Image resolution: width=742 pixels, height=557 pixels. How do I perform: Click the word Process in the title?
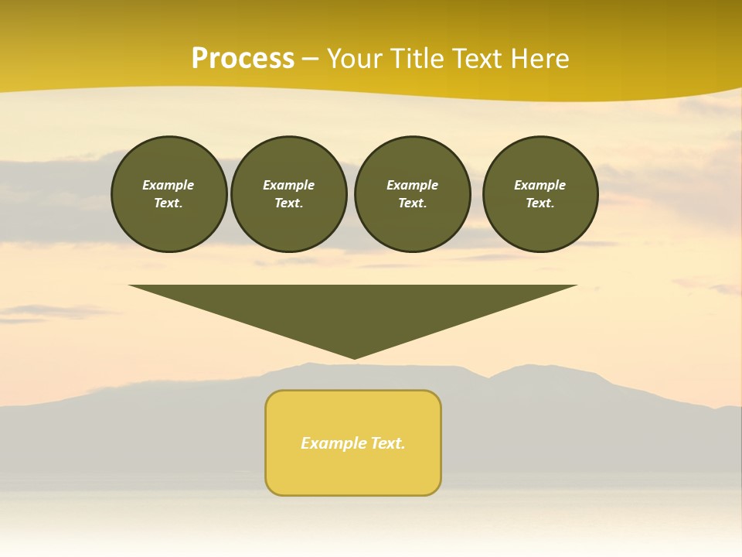[243, 59]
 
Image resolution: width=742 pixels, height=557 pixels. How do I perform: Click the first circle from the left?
[168, 194]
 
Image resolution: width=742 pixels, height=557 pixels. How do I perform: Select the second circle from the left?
[288, 194]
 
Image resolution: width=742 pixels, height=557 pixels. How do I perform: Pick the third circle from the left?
[412, 194]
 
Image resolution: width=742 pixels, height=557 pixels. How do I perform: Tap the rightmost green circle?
[539, 194]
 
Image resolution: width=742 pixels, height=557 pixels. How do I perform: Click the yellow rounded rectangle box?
[353, 443]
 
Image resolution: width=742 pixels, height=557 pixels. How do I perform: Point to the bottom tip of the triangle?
[354, 357]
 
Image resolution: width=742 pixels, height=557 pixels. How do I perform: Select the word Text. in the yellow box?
[388, 443]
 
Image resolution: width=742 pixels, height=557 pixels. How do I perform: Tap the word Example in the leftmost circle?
[168, 185]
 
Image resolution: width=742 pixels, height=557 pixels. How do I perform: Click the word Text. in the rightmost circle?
[539, 203]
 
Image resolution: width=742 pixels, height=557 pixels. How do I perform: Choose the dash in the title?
[311, 59]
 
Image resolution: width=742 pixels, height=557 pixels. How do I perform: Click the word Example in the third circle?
[412, 185]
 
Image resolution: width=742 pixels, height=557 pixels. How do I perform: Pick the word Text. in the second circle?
[288, 203]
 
